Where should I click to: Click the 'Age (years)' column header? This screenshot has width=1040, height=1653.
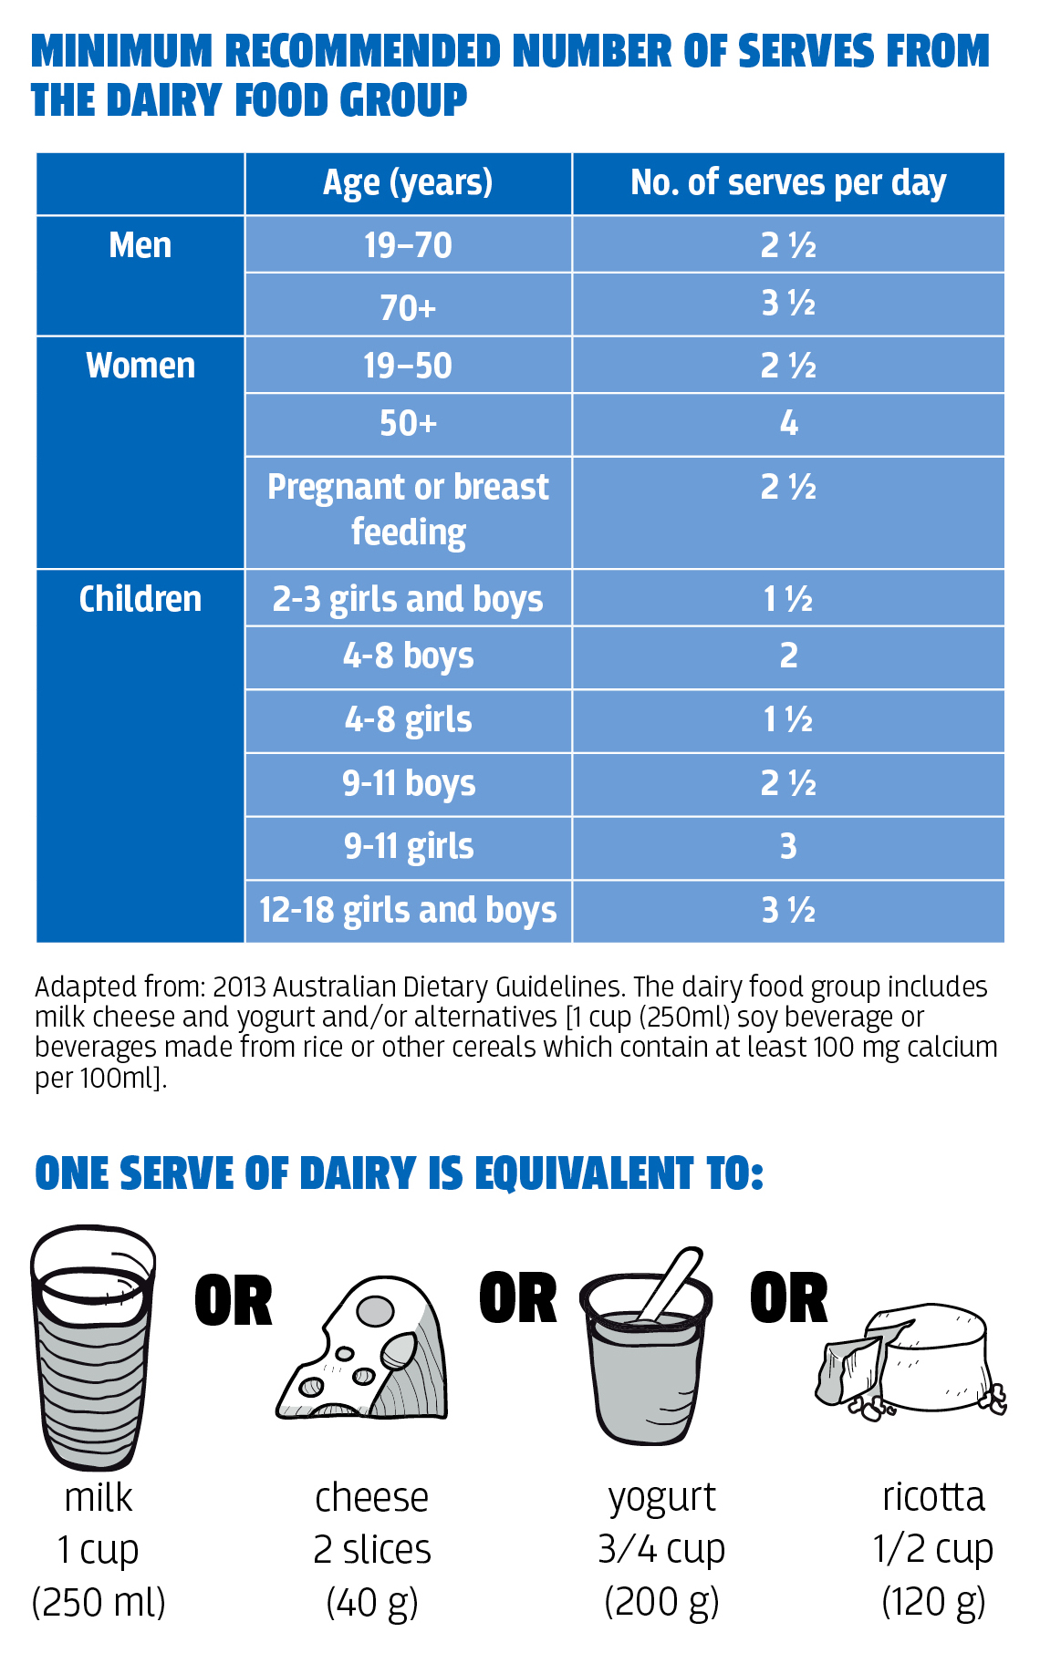(x=408, y=183)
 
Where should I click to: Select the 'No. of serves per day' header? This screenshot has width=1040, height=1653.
(x=788, y=183)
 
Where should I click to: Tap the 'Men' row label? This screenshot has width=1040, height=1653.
(x=140, y=245)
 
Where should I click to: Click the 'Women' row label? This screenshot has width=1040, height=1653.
(x=140, y=366)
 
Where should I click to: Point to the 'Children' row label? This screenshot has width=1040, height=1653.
(x=140, y=599)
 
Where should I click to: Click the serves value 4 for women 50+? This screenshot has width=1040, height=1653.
(x=788, y=423)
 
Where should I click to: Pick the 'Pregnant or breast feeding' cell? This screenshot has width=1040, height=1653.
(x=408, y=509)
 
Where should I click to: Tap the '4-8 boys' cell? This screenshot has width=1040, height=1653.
(x=408, y=656)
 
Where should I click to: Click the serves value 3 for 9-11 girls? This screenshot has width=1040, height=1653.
(x=788, y=847)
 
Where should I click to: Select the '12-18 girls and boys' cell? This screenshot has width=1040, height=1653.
(x=408, y=910)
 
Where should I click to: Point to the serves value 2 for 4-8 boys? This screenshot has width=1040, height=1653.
(x=788, y=656)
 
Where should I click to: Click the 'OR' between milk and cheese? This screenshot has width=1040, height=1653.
(x=234, y=1301)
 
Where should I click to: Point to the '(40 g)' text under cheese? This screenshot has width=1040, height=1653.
(x=371, y=1602)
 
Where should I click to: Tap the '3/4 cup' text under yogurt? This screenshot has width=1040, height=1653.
(x=661, y=1549)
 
